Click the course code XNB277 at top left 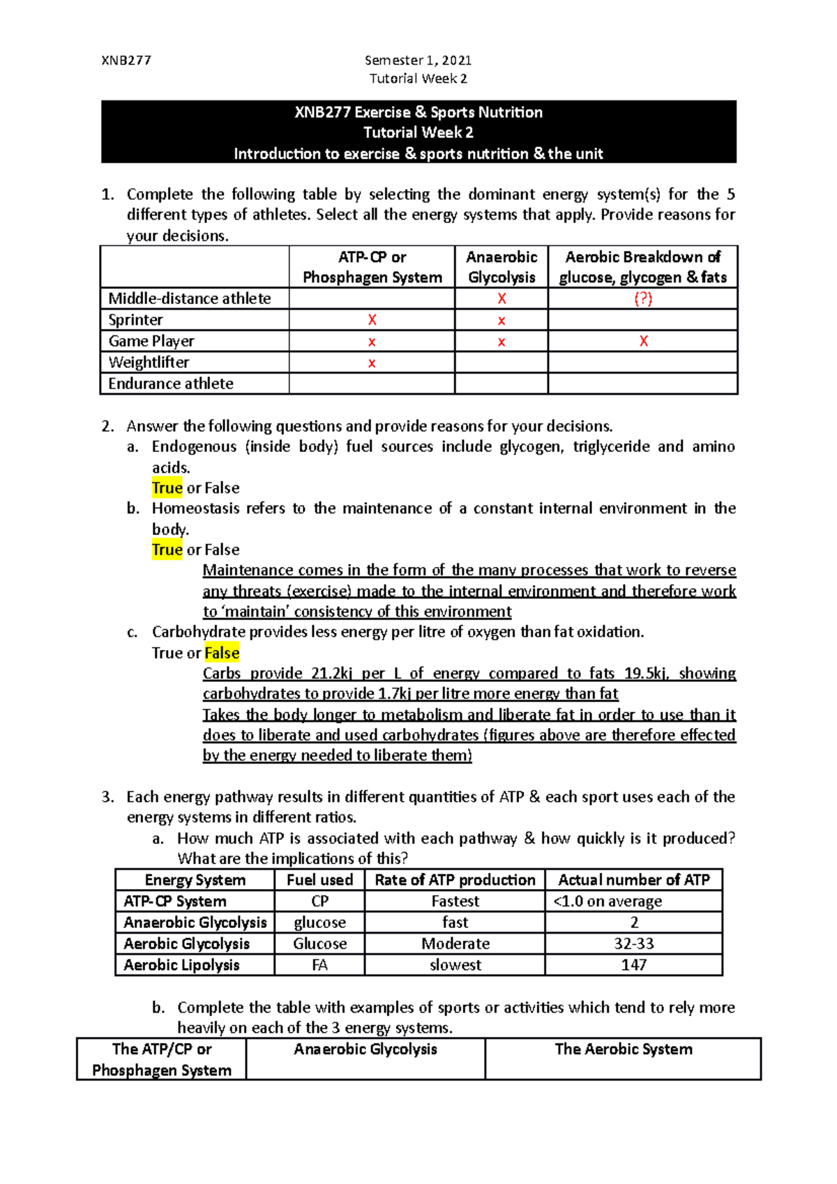tap(126, 60)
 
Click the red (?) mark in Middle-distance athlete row tap(642, 298)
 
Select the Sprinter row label tap(135, 320)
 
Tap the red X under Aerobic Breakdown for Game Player tap(643, 341)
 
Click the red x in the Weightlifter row tap(372, 363)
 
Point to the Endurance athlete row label tap(171, 384)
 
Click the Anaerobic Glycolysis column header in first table tap(502, 267)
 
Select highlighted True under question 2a tap(167, 487)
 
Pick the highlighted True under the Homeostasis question tap(167, 549)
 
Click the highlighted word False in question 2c tap(222, 653)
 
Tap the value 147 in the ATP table tap(633, 965)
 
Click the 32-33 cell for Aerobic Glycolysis tap(633, 943)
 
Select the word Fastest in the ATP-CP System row tap(455, 901)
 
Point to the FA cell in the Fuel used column tap(319, 965)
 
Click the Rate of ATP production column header tap(455, 880)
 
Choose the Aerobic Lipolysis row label tap(181, 965)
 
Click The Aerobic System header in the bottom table tap(623, 1049)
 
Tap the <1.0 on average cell tap(608, 901)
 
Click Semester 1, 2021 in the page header tap(418, 60)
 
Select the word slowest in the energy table tap(455, 965)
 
